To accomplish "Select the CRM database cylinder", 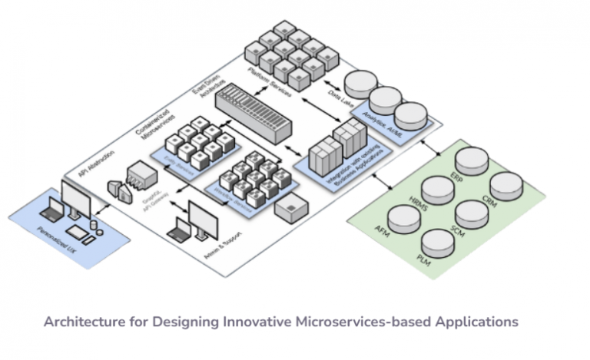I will click(506, 187).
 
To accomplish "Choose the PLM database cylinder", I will click(437, 243).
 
